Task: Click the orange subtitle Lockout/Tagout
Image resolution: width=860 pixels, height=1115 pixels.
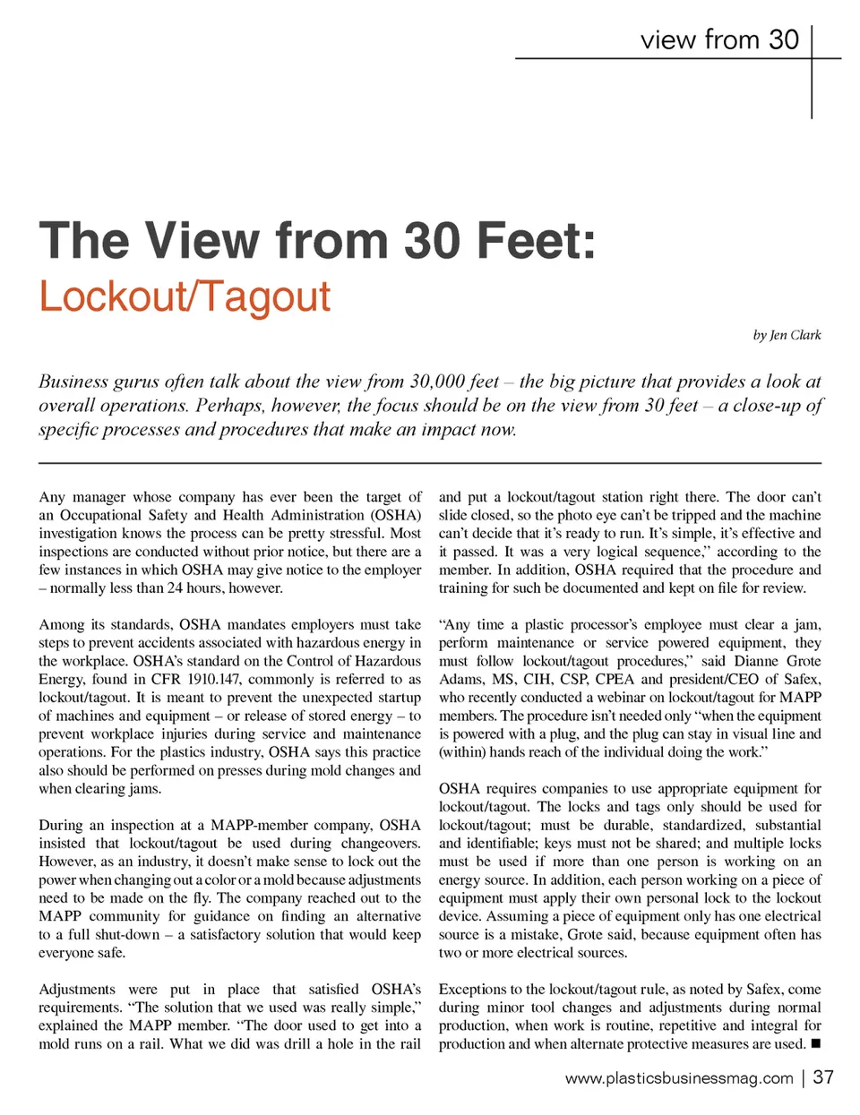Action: (185, 297)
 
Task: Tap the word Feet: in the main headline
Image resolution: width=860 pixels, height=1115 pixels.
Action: (537, 241)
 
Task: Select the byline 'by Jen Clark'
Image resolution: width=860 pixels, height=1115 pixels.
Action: (787, 335)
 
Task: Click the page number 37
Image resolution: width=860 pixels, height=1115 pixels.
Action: (823, 1077)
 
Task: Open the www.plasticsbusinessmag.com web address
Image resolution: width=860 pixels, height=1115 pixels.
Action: (678, 1078)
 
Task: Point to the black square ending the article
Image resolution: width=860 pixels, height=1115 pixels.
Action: (815, 1043)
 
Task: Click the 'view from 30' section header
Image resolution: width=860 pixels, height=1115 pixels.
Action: (718, 40)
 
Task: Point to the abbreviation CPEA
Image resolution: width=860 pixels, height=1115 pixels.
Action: (614, 679)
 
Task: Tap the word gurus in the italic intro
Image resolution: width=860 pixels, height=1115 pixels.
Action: (140, 382)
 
